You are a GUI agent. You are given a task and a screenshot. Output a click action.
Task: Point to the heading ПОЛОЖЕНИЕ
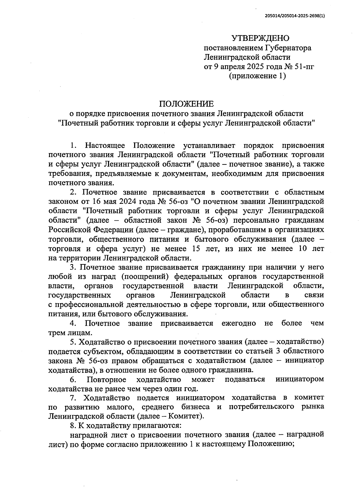[186, 104]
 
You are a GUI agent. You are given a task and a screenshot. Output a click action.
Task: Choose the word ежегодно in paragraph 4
[239, 324]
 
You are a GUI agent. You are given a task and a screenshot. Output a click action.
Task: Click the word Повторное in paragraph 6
[106, 380]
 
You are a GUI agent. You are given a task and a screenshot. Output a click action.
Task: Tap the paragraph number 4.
[72, 324]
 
